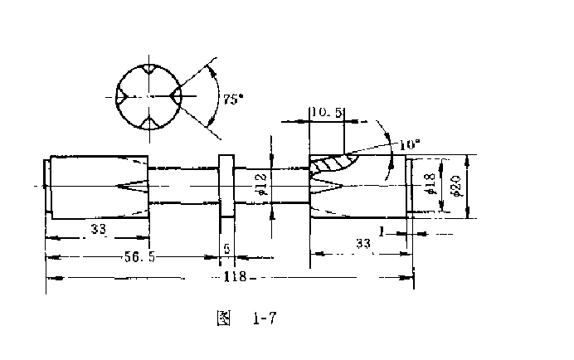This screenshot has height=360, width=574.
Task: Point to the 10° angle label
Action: point(409,144)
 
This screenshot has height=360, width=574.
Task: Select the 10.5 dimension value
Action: point(326,112)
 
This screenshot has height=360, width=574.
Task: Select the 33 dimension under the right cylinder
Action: point(363,244)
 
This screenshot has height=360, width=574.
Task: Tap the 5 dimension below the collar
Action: point(227,249)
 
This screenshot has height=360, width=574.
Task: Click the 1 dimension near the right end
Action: point(381,233)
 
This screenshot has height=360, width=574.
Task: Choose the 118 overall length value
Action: point(236,276)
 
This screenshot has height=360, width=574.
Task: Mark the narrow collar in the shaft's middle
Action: point(226,186)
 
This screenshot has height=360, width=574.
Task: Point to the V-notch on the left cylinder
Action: point(133,185)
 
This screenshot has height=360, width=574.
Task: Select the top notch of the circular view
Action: point(148,70)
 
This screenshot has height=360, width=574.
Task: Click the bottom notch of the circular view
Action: point(148,123)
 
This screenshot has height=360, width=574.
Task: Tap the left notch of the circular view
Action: point(121,96)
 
